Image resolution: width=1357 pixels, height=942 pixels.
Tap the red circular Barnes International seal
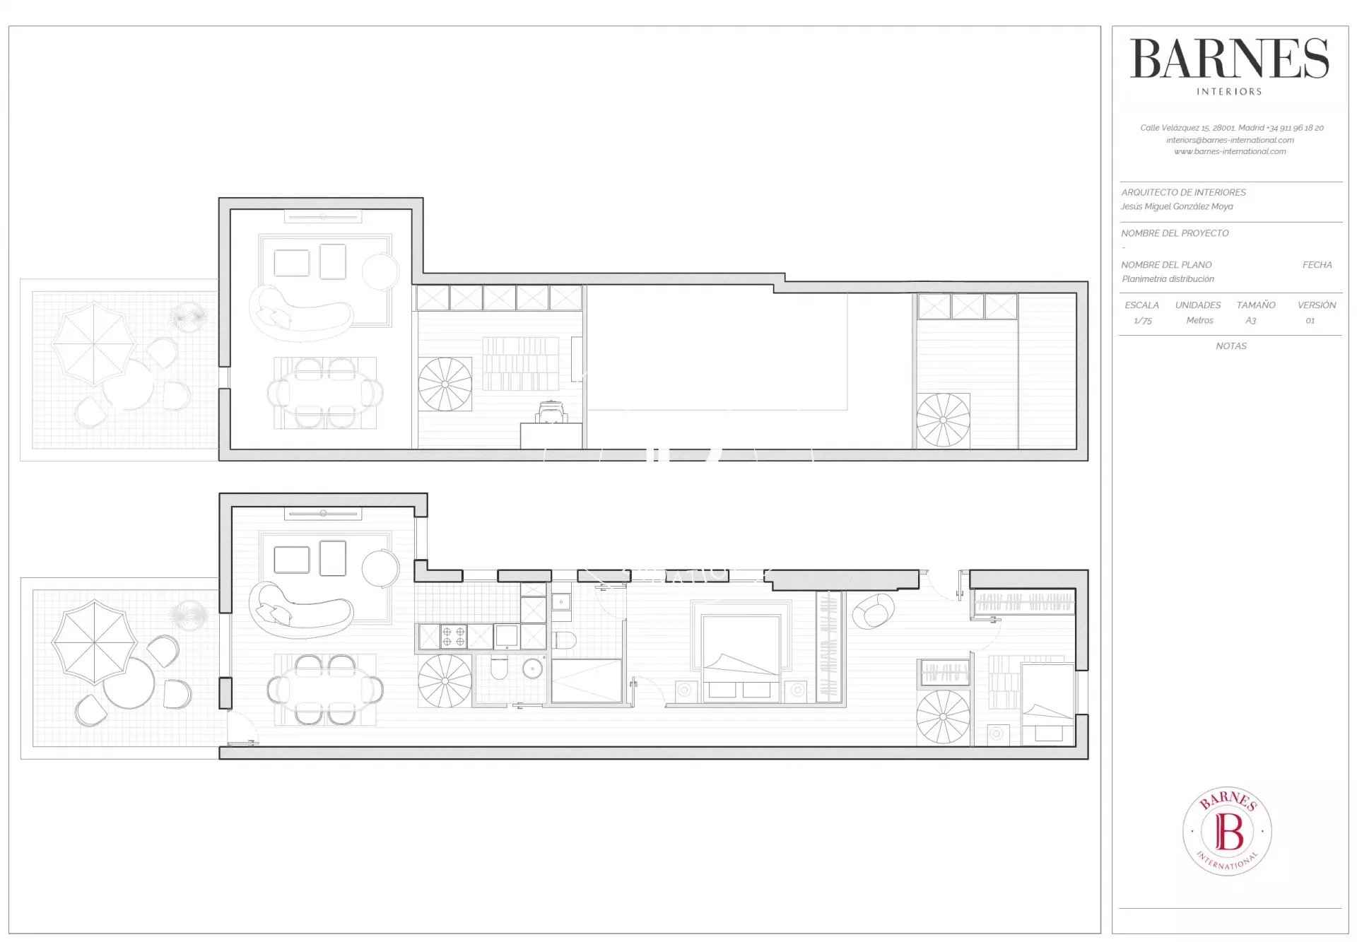[1228, 830]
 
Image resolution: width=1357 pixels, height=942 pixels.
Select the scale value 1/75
[1143, 321]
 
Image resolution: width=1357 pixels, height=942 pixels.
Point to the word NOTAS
[1231, 346]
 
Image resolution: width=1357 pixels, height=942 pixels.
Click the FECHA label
[1317, 265]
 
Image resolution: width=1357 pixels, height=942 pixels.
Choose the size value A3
[1251, 321]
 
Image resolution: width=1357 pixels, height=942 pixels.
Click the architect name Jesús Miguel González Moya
[1177, 206]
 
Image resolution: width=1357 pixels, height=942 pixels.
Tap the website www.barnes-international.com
[1230, 151]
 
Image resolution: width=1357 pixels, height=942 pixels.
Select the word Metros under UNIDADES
[1199, 321]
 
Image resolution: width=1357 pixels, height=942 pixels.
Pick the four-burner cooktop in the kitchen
[454, 636]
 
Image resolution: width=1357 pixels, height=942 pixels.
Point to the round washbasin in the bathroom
[533, 668]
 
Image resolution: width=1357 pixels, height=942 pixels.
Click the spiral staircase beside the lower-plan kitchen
[445, 681]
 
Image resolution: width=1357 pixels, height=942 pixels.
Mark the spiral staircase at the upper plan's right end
[944, 420]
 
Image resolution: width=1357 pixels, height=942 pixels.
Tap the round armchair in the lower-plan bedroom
[873, 611]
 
